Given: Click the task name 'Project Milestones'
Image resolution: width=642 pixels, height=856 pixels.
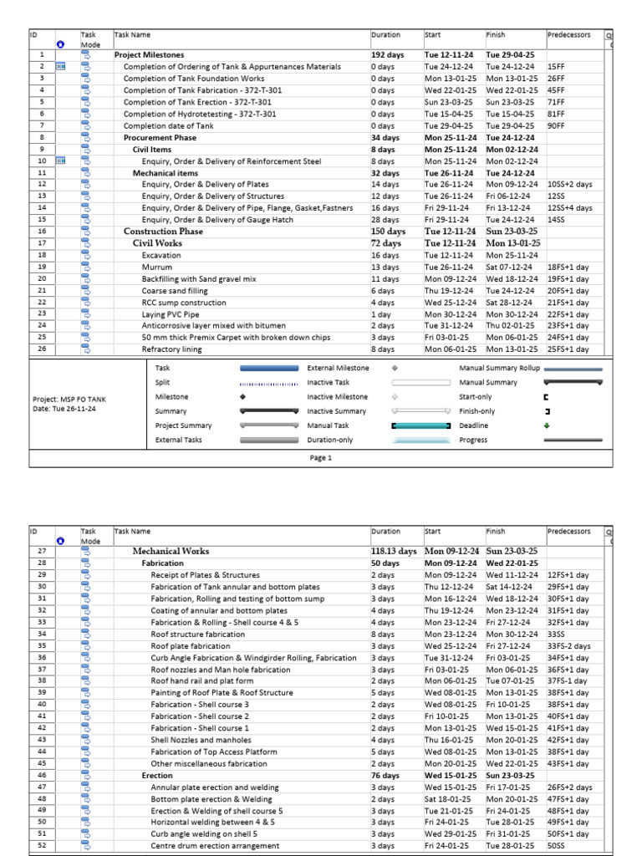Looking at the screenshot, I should point(149,54).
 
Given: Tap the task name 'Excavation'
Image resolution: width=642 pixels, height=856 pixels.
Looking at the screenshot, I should point(160,255).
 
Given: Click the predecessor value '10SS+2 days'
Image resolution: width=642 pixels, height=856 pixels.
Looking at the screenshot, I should point(571,184).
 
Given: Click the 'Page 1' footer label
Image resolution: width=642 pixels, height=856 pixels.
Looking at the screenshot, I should point(321,457).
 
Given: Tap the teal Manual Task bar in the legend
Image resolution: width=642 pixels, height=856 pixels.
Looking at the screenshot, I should point(421,425).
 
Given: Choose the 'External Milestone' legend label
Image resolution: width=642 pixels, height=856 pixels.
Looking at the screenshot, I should point(338,368).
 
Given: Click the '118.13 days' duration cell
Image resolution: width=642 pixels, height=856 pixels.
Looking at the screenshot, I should point(393,552).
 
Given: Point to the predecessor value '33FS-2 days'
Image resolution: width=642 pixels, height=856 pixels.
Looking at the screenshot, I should point(569,646).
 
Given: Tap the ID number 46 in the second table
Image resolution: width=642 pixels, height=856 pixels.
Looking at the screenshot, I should point(42,775).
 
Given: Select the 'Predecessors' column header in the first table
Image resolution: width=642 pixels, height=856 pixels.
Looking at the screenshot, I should point(568,35).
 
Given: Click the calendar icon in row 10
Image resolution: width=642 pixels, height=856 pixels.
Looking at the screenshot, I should point(61,160).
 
